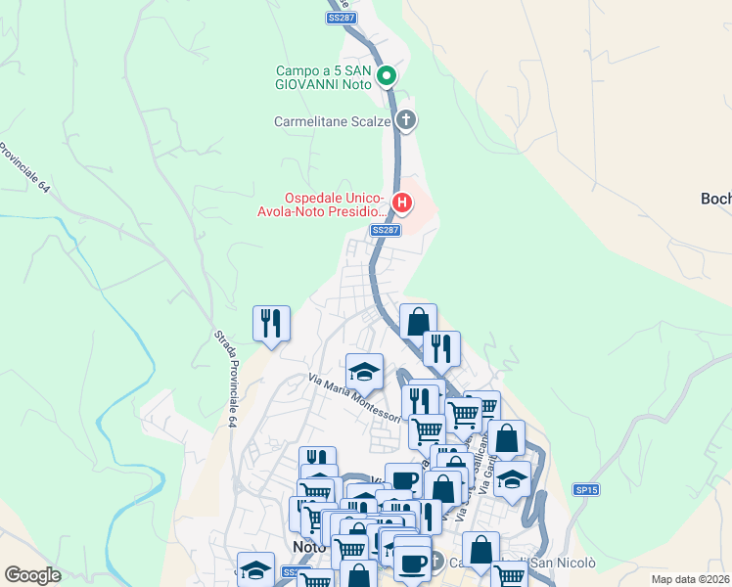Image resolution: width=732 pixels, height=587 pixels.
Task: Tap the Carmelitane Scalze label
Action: (332, 122)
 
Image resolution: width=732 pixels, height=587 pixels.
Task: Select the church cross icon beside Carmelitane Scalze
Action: (406, 121)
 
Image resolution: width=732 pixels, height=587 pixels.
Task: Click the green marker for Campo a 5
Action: (387, 75)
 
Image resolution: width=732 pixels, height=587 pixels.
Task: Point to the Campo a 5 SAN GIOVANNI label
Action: (323, 77)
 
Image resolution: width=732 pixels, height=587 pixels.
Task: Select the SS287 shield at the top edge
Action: (341, 18)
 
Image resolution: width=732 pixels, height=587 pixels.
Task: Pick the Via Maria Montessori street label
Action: (354, 398)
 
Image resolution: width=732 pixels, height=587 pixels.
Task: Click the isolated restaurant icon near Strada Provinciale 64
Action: (271, 323)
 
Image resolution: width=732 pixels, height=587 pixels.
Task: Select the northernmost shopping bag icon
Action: (418, 321)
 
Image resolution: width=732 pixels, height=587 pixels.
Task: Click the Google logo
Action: (32, 575)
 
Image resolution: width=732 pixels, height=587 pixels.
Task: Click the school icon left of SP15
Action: (512, 479)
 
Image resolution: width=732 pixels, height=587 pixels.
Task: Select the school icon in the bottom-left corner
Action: (255, 569)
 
